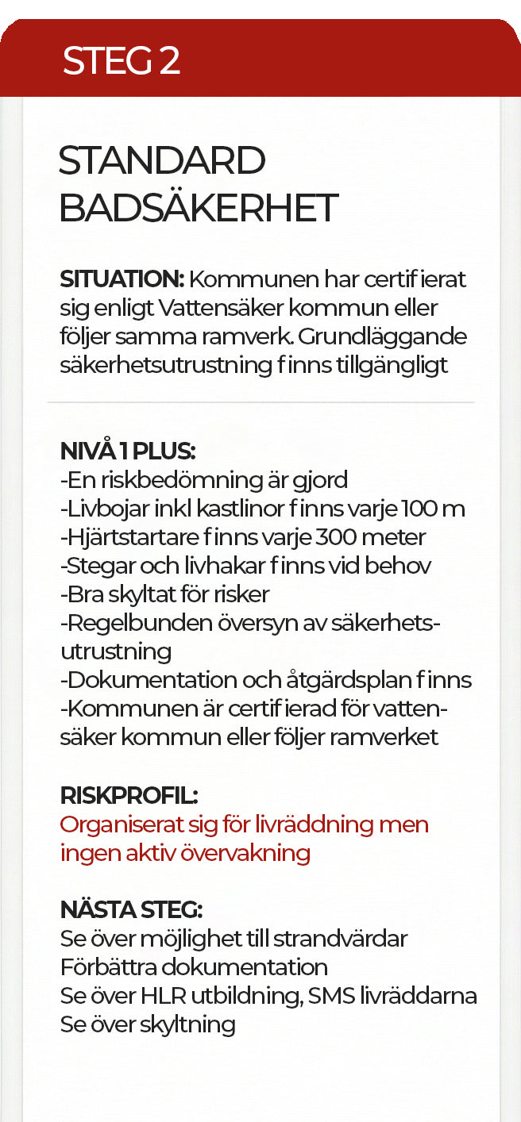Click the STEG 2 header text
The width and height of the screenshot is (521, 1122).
pos(122,61)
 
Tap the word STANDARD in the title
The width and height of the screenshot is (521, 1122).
pos(162,162)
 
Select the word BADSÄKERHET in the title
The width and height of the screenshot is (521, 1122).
pos(199,208)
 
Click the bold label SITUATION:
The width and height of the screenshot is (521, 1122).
pos(122,279)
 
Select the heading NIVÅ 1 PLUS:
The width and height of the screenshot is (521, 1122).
pos(128,451)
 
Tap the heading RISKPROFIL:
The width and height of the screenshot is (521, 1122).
pos(129,795)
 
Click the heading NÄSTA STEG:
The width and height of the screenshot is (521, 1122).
pos(132,909)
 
